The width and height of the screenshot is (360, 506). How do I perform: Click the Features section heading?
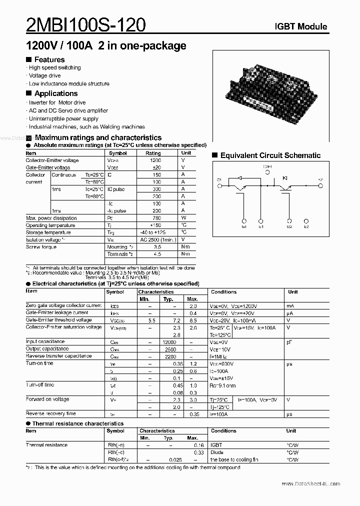coord(49,59)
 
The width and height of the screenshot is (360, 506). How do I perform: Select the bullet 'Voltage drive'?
coord(44,75)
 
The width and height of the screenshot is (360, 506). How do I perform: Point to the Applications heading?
coord(55,93)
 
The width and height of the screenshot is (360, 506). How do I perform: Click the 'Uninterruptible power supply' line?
coord(63,118)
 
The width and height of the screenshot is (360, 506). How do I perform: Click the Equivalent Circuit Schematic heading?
coord(270,155)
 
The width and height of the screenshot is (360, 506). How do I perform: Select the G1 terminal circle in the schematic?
coord(244,220)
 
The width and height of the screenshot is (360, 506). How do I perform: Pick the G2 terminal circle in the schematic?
coord(289,220)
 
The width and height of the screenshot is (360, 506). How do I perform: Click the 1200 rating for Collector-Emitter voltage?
coord(155,160)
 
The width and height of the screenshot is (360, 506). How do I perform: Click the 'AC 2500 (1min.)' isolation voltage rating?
coord(158,239)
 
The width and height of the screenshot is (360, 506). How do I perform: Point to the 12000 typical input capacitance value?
coord(169,341)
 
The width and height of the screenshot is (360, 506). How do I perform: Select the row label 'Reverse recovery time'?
coord(51,413)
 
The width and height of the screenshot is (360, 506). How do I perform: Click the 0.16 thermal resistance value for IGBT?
coord(198,445)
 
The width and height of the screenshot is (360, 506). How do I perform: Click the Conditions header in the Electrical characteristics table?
coord(223,291)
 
